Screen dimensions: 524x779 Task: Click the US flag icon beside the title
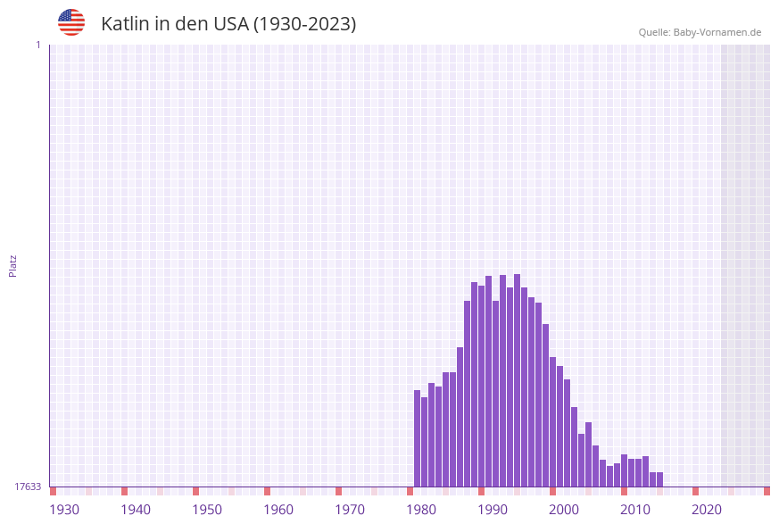click(x=71, y=22)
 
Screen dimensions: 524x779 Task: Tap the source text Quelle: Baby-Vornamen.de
click(x=700, y=32)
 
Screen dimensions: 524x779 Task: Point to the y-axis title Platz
click(x=13, y=265)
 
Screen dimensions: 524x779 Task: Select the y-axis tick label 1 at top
click(x=37, y=45)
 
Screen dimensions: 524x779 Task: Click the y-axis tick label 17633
click(x=28, y=487)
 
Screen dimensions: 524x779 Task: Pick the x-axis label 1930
click(x=64, y=510)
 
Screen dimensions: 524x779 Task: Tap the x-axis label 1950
click(x=207, y=510)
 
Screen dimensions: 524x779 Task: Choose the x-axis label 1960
click(x=278, y=510)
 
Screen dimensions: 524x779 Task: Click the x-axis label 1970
click(x=350, y=510)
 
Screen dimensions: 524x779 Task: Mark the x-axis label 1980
click(x=421, y=510)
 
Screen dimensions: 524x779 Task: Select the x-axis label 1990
click(x=493, y=510)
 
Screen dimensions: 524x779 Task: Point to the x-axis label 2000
click(x=564, y=510)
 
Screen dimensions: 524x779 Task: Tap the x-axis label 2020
click(x=707, y=510)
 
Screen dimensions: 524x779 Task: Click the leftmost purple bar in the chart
click(x=417, y=437)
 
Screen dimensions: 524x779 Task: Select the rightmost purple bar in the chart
click(x=659, y=479)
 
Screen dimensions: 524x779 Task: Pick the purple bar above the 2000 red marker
click(x=552, y=421)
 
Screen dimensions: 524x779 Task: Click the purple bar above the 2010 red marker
click(x=624, y=470)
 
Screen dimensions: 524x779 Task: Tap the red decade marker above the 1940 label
click(x=124, y=491)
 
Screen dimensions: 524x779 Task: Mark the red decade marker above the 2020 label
click(x=695, y=491)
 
